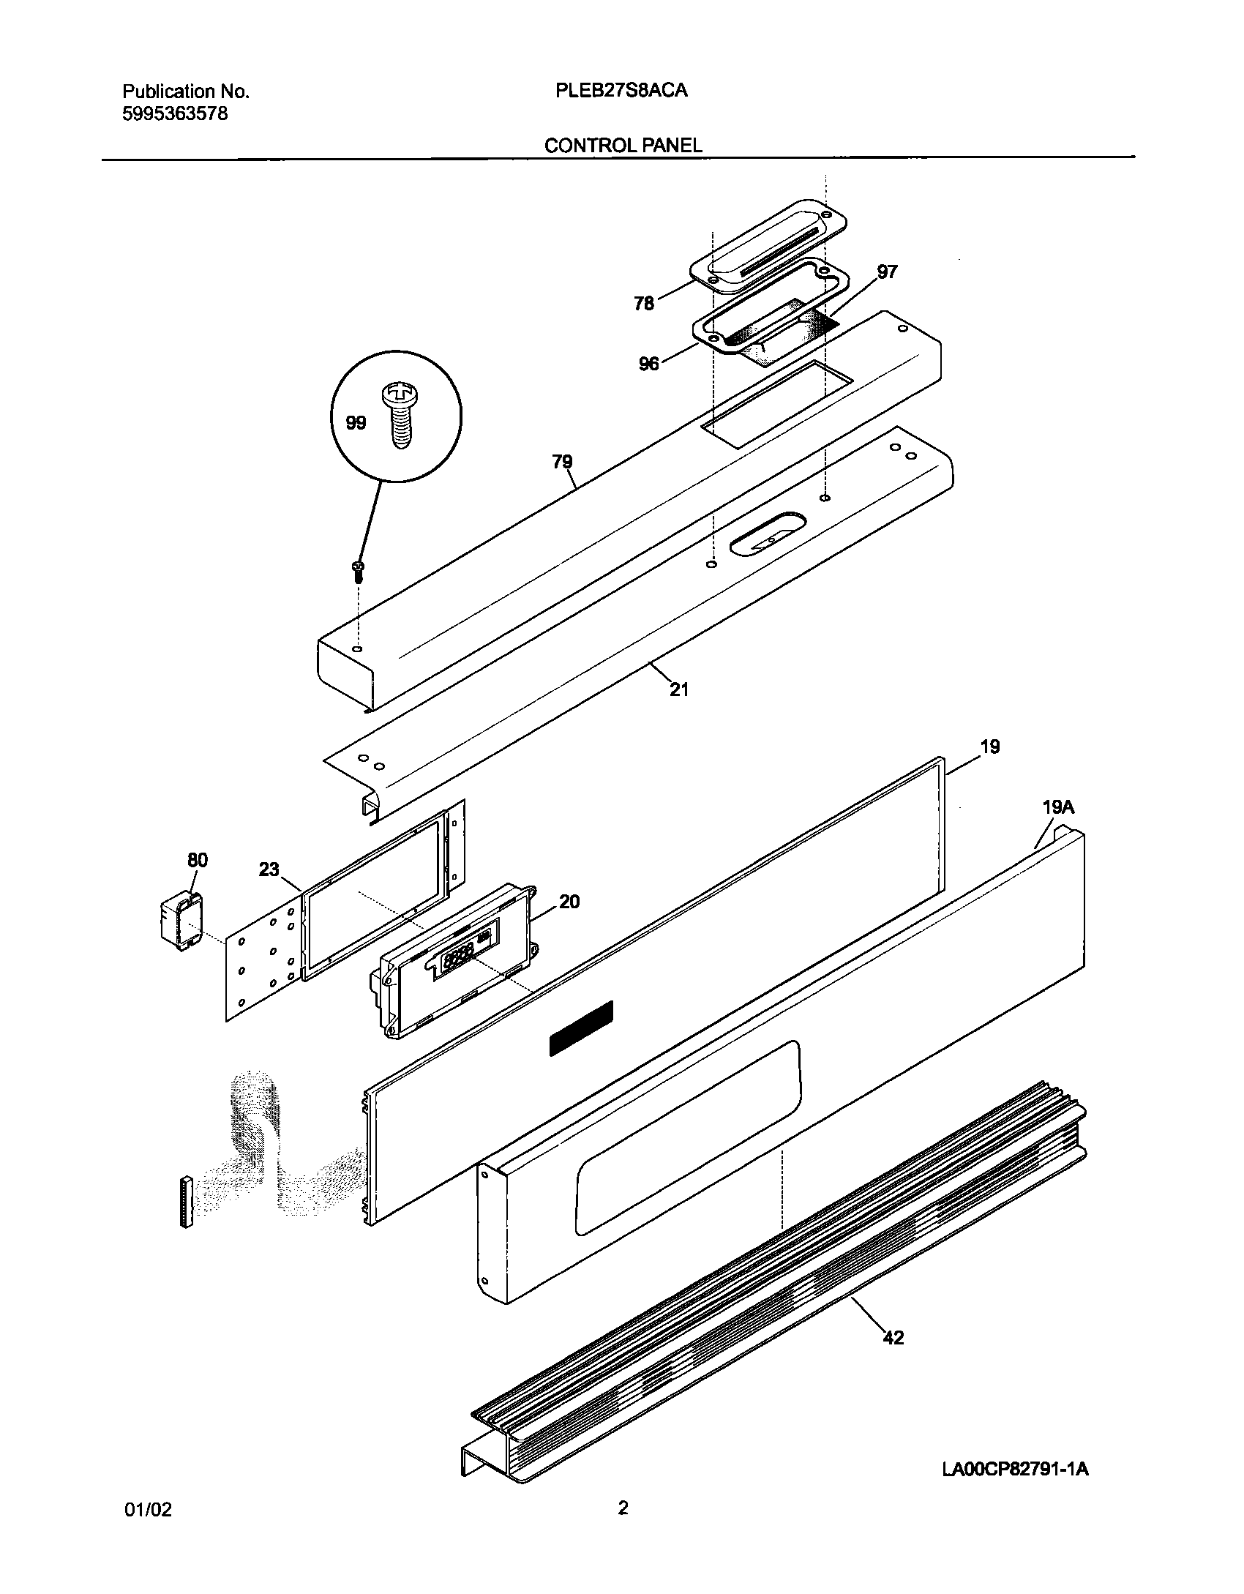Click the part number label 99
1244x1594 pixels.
(x=356, y=423)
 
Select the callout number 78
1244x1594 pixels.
(x=644, y=303)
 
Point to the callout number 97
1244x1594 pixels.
(x=887, y=272)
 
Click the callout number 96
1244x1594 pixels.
(x=649, y=364)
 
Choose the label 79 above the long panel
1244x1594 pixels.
(x=562, y=462)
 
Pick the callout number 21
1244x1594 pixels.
(x=679, y=689)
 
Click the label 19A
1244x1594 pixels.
(x=1058, y=807)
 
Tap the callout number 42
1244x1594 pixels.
(x=893, y=1338)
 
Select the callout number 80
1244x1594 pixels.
(x=198, y=860)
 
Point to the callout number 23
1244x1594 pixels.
(x=269, y=869)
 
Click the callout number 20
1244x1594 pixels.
(x=569, y=902)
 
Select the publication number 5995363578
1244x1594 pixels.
(x=175, y=114)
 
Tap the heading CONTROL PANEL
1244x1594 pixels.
(x=623, y=146)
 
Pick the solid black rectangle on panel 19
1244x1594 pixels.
(x=581, y=1028)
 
